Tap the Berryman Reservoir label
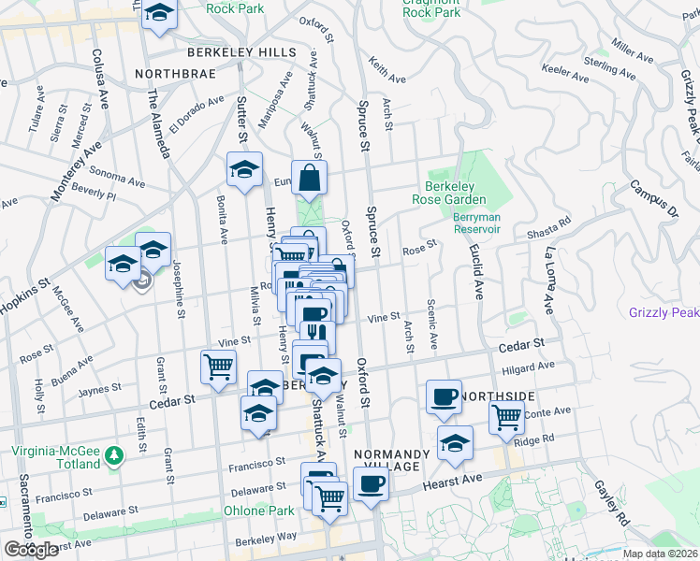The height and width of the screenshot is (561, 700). (x=477, y=223)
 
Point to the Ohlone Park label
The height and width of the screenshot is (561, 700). (x=259, y=511)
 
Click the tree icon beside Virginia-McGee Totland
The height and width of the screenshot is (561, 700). (x=114, y=455)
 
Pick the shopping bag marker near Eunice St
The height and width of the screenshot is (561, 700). (x=309, y=176)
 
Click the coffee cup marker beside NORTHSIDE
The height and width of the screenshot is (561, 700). (x=444, y=396)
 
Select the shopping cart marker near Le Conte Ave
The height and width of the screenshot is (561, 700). (x=506, y=416)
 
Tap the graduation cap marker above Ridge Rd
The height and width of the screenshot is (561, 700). (x=455, y=442)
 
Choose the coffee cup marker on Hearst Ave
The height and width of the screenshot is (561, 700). (x=372, y=484)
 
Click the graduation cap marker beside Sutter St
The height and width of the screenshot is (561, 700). (x=244, y=169)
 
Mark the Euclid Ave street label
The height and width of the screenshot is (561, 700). (x=478, y=273)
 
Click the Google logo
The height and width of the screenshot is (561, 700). (x=31, y=550)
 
